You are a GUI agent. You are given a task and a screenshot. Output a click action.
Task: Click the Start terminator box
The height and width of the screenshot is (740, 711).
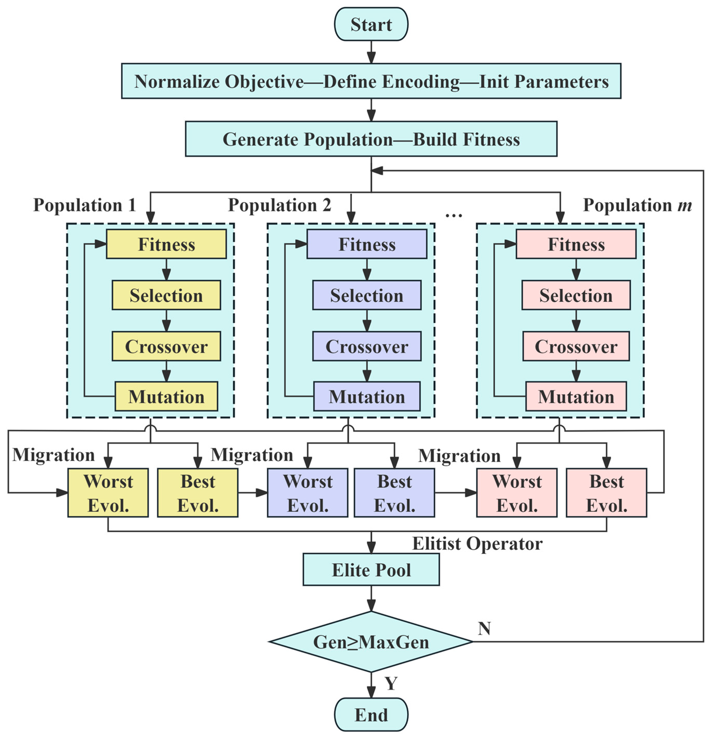point(371,24)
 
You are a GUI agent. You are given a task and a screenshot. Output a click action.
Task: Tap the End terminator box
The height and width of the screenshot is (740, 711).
point(371,715)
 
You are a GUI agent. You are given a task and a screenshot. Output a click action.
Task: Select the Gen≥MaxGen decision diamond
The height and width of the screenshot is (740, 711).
point(371,642)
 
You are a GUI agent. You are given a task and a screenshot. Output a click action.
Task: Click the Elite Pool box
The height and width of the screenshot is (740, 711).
point(371,570)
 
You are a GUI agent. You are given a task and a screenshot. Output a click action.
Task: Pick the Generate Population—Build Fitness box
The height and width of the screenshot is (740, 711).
point(371,139)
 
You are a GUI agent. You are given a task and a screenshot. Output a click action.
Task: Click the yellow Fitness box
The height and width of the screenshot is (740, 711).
point(166,244)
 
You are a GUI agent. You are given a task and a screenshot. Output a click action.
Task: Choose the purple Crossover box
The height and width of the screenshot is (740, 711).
point(366,346)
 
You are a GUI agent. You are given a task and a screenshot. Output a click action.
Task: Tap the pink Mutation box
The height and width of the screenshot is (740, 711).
point(576,397)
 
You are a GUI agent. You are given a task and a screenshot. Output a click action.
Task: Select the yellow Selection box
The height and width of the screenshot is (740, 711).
point(166,295)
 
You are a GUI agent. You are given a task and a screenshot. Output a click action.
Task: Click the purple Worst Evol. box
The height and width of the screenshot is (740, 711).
point(308,493)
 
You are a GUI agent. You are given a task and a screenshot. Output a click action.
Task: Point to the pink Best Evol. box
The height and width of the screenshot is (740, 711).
point(606,493)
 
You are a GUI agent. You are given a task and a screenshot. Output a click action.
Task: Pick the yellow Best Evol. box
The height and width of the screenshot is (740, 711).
point(198,493)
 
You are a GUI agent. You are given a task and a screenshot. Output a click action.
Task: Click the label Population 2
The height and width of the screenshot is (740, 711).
point(280,205)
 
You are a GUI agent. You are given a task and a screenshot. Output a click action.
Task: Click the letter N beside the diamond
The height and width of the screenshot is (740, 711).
point(484,629)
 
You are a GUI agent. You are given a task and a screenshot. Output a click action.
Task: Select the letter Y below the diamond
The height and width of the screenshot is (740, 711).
point(391,683)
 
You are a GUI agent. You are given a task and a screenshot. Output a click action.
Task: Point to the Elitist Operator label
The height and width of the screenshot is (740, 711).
point(477,544)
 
